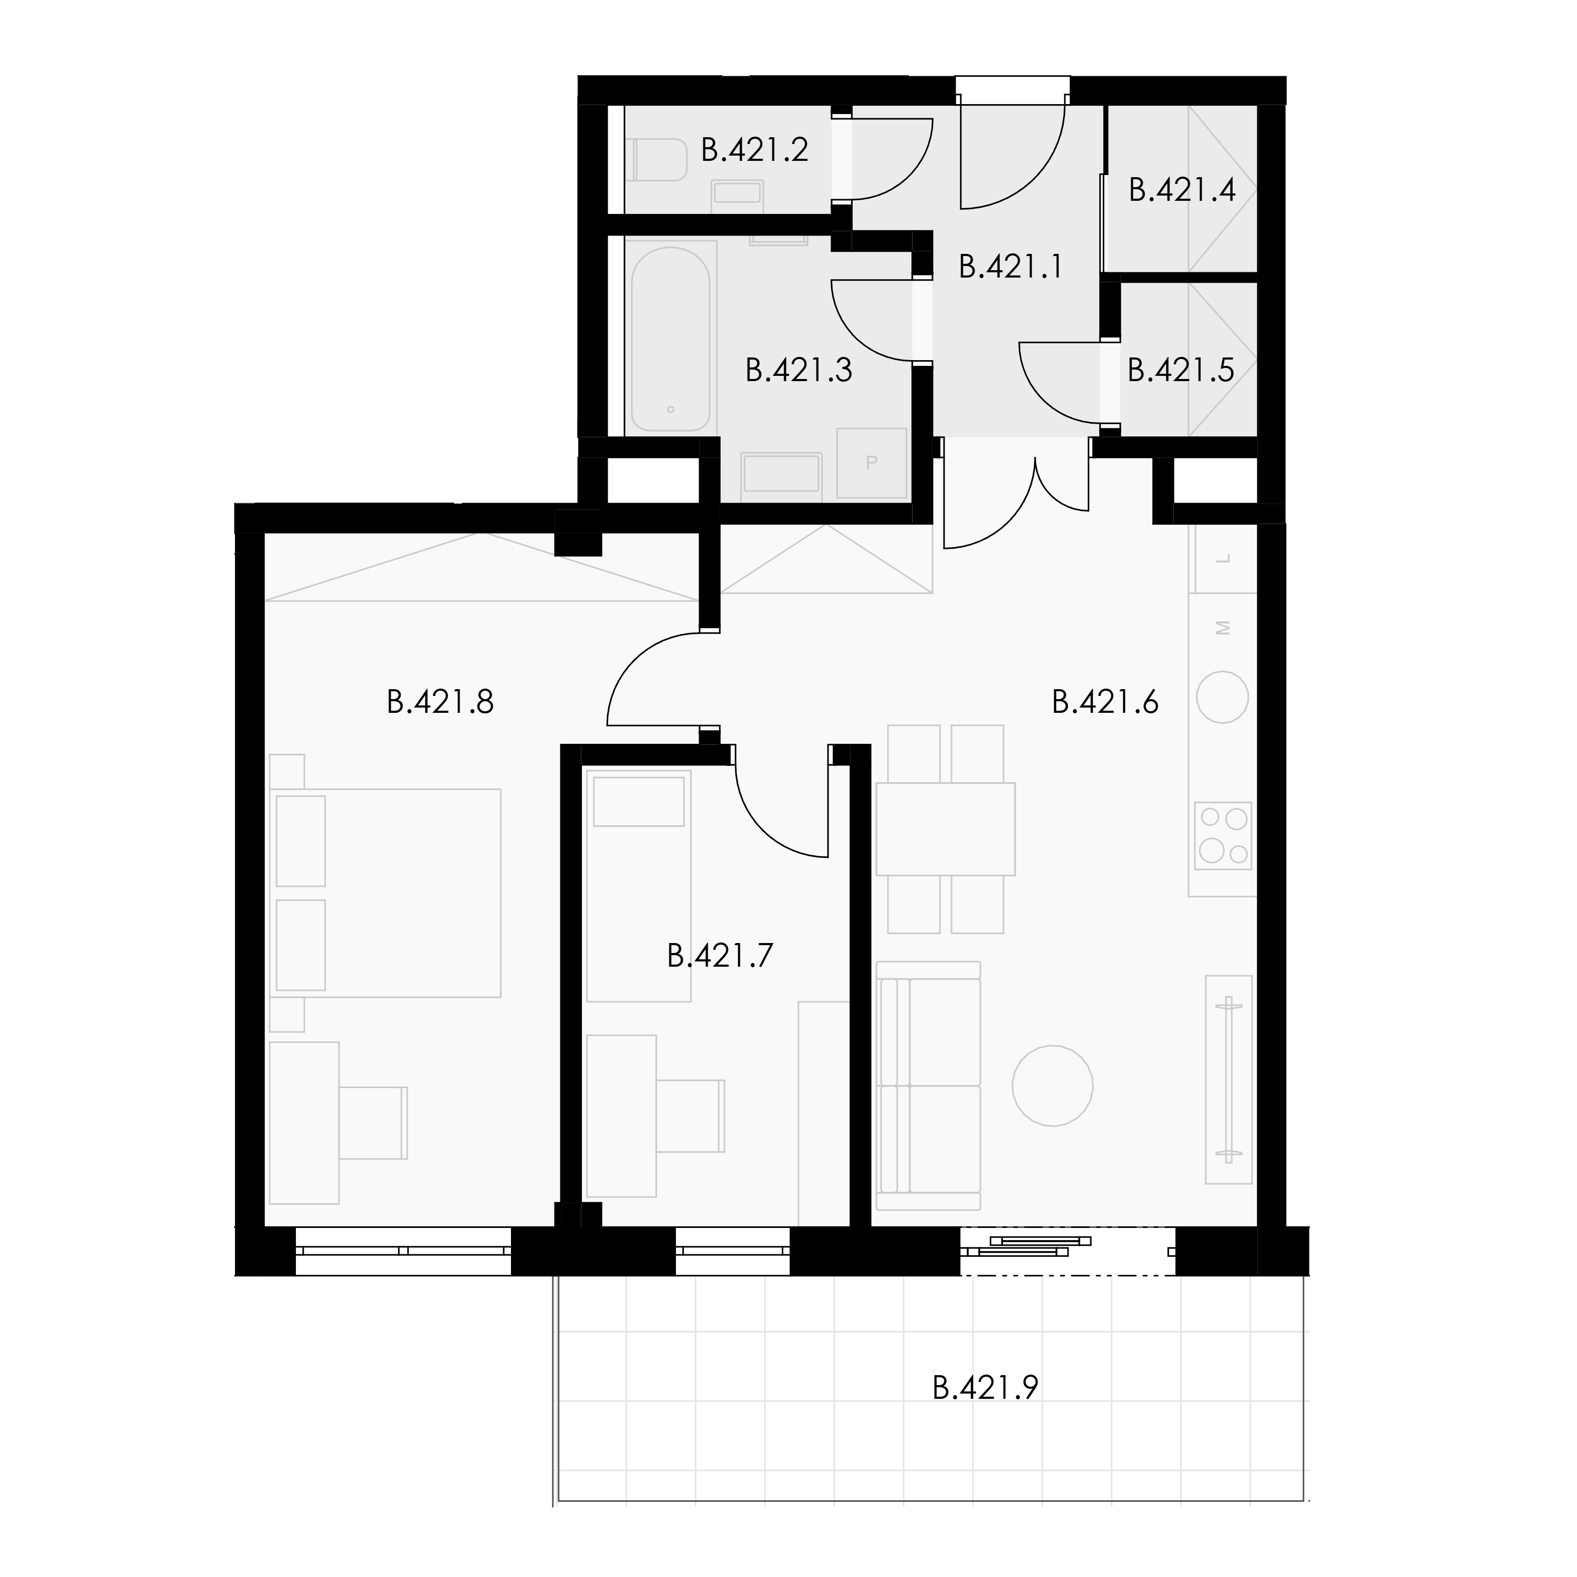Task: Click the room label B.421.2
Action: (755, 150)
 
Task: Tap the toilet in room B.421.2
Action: (659, 160)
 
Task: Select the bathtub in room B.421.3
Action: (670, 339)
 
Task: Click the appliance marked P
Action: (872, 463)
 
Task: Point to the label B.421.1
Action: (1011, 267)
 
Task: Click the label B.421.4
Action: (1182, 190)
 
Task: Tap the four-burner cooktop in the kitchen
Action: (1223, 835)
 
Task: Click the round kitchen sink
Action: (1222, 697)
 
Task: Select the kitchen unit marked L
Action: (1223, 559)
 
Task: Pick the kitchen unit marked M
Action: (1223, 627)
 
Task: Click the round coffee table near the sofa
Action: (1052, 1086)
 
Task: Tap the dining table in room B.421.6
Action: (945, 828)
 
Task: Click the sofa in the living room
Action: (928, 1085)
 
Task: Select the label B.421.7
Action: (720, 955)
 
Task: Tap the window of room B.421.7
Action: (732, 1251)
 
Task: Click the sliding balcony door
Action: (1068, 1251)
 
